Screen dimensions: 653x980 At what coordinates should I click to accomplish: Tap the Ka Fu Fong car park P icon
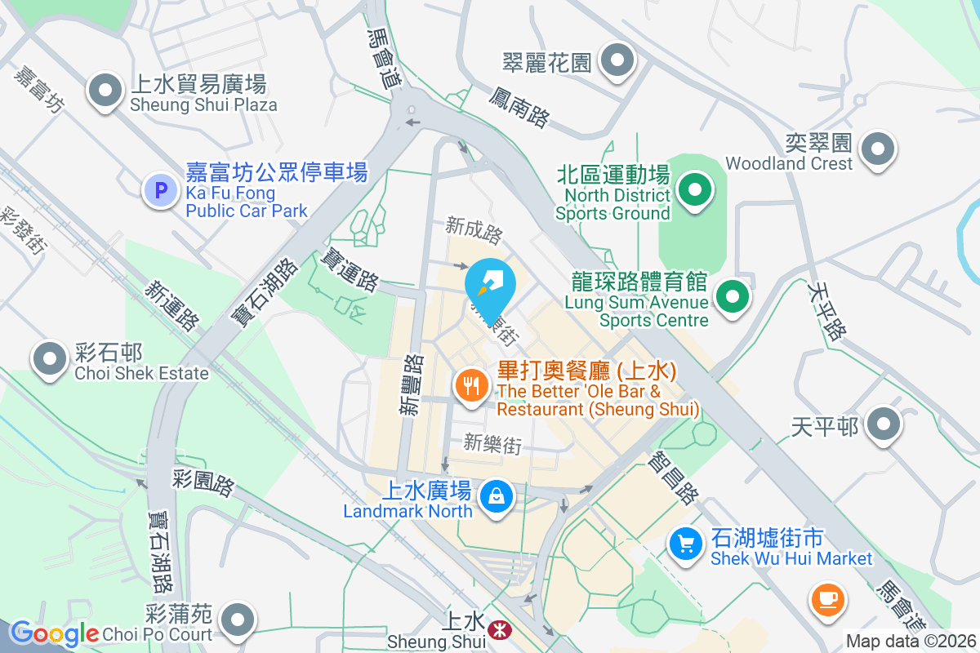(x=160, y=190)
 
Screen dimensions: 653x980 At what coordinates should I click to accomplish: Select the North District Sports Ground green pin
(x=694, y=190)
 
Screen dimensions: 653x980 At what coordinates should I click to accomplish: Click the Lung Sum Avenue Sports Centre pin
(x=733, y=296)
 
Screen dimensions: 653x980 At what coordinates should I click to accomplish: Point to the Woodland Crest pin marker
(x=879, y=149)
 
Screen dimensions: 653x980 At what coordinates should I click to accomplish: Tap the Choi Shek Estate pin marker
(x=50, y=358)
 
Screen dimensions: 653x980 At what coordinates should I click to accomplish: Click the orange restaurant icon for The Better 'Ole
(x=470, y=383)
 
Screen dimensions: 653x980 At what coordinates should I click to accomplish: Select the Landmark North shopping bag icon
(x=495, y=495)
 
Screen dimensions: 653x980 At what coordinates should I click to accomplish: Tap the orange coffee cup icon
(x=827, y=599)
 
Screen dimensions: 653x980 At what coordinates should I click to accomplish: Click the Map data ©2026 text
(x=911, y=641)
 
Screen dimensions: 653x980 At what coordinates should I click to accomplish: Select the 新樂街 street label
(x=492, y=444)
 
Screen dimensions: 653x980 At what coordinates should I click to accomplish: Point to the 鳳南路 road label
(x=519, y=108)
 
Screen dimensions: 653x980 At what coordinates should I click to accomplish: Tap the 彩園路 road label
(x=203, y=481)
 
